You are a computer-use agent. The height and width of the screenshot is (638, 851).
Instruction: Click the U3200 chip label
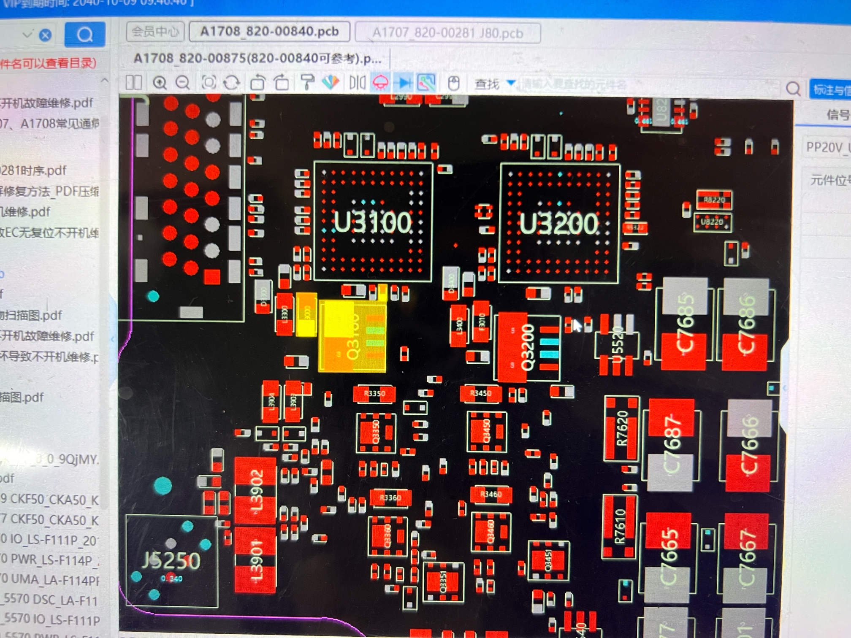(558, 223)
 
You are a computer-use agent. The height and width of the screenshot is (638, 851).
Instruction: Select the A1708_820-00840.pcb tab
(269, 32)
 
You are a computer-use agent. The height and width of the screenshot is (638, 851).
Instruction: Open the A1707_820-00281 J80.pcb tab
(447, 33)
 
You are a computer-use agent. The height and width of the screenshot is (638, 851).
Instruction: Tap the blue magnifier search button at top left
(85, 34)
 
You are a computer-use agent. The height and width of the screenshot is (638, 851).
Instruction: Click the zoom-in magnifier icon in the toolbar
(160, 83)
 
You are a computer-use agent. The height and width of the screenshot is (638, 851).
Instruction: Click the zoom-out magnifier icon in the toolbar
(183, 83)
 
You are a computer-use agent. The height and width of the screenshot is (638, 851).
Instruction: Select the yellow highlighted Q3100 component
(353, 336)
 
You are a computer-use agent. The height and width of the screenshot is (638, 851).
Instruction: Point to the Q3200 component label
(527, 347)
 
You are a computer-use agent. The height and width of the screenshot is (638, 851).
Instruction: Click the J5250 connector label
(171, 560)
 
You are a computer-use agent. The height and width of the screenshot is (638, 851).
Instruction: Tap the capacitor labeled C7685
(685, 324)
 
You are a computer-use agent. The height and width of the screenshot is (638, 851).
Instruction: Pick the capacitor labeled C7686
(746, 324)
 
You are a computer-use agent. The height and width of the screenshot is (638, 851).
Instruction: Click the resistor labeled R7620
(621, 428)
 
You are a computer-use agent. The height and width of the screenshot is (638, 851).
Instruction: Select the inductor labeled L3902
(256, 489)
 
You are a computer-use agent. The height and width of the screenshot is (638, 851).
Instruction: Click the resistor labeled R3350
(374, 394)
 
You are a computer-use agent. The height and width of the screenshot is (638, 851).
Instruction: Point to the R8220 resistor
(714, 200)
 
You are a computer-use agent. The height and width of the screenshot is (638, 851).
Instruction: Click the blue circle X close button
(45, 35)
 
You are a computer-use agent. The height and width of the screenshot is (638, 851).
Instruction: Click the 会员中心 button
(155, 32)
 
